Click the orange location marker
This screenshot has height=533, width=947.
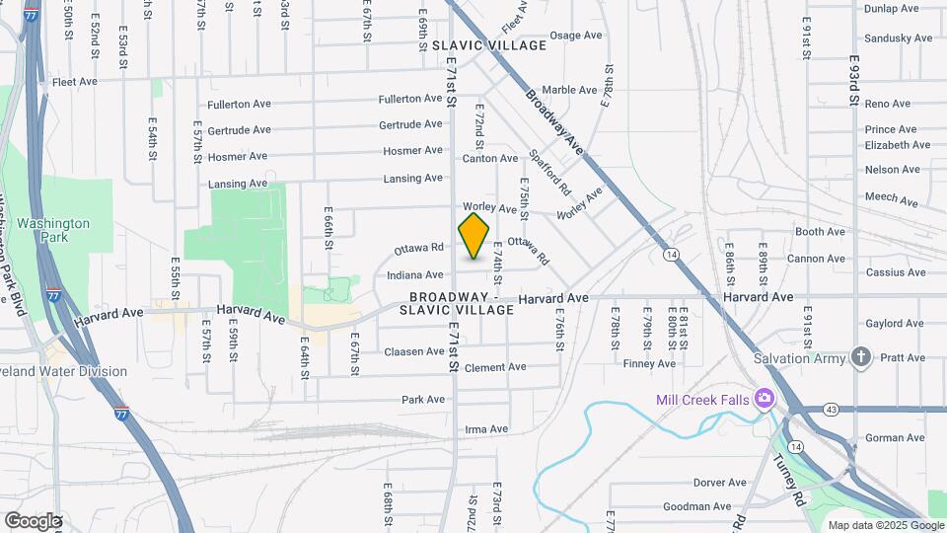474,235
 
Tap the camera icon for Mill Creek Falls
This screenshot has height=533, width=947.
764,399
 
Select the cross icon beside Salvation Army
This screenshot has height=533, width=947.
862,357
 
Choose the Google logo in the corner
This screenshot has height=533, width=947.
33,520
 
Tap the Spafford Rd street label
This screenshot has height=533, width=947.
550,170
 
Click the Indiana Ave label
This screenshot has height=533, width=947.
415,275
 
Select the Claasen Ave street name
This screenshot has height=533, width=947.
414,351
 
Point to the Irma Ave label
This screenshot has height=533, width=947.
486,429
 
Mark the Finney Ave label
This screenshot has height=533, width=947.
649,363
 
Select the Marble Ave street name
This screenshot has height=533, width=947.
570,90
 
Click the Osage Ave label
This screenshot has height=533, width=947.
575,36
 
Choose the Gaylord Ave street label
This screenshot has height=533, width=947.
895,324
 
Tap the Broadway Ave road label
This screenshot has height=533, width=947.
555,123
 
